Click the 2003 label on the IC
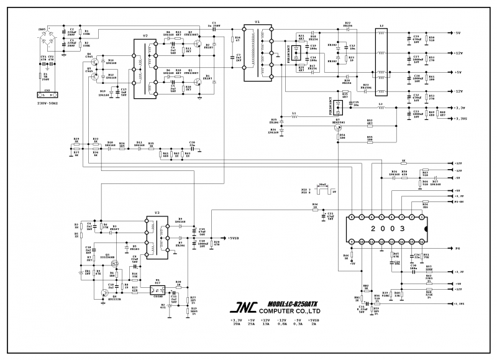(x=387, y=228)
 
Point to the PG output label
(x=457, y=247)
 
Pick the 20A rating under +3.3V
(x=236, y=324)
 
